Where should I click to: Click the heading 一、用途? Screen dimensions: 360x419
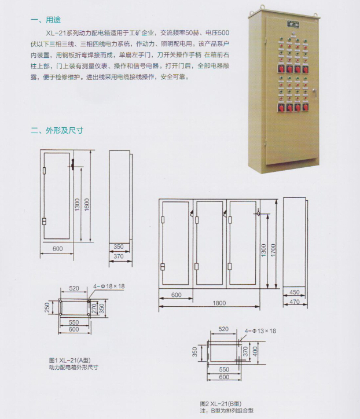46,20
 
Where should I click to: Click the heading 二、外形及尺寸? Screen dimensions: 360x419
57,130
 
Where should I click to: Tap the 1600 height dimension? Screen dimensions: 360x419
87,205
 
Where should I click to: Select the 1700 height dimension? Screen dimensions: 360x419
273,251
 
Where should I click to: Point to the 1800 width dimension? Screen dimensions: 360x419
219,303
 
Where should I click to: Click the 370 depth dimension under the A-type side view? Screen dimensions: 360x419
119,256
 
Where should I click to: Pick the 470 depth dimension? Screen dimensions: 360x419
295,302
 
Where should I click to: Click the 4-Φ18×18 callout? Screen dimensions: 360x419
109,286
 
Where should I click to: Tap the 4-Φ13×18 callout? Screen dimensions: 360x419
260,331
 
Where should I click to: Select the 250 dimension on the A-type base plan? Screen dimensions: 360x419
47,307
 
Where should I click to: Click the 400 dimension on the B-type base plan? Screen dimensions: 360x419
255,351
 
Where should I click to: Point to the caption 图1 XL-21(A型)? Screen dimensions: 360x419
70,360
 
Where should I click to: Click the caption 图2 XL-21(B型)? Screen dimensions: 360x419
221,403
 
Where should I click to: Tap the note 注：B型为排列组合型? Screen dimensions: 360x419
227,410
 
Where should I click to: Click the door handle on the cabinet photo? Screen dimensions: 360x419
315,93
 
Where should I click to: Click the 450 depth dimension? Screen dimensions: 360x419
295,292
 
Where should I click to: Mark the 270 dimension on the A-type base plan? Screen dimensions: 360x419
94,308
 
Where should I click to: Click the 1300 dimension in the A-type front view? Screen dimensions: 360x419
77,205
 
